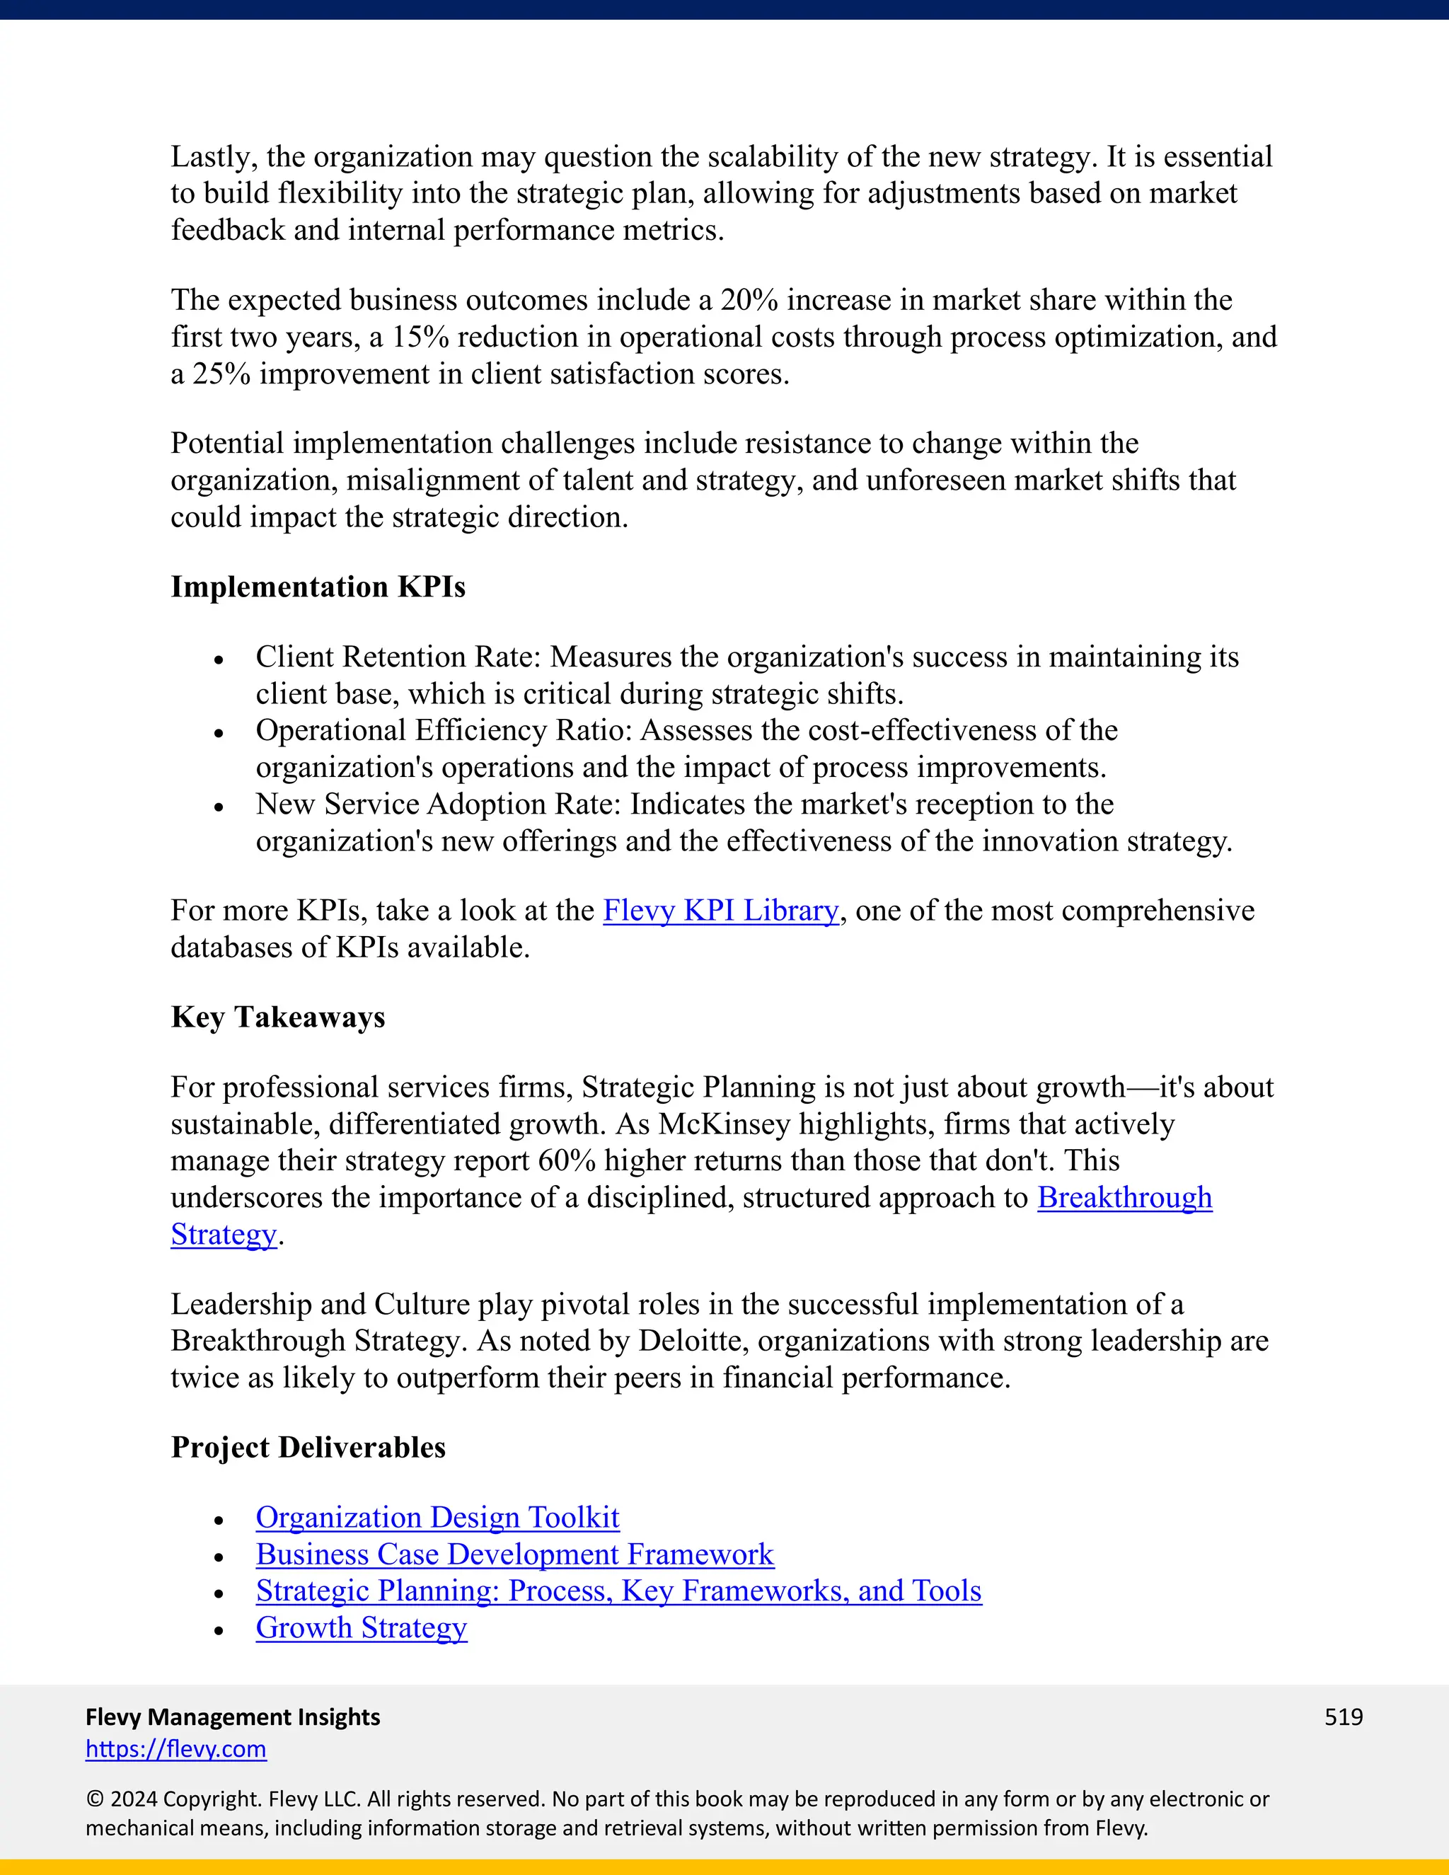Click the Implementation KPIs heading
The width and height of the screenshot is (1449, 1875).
tap(318, 587)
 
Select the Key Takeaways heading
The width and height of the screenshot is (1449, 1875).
tap(277, 1017)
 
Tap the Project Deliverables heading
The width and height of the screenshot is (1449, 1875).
tap(308, 1448)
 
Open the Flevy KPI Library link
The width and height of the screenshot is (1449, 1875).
tap(720, 911)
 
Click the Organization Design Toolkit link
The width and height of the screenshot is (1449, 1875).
tap(437, 1518)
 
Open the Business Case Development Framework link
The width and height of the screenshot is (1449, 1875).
tap(514, 1554)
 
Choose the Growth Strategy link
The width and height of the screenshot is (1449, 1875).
tap(362, 1628)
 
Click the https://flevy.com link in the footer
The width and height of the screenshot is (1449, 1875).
tap(176, 1749)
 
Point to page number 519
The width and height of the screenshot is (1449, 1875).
tap(1344, 1717)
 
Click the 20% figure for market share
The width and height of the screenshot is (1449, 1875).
tap(749, 301)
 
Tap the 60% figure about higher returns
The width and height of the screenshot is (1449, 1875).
tap(567, 1160)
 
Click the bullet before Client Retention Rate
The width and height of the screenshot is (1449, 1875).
tap(219, 660)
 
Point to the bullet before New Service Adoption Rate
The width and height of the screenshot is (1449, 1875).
tap(219, 807)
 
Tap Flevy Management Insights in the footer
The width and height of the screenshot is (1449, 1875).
tap(233, 1717)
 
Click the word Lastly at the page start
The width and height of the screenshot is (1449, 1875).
tap(214, 157)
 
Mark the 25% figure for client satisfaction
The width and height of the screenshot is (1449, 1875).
tap(221, 374)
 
